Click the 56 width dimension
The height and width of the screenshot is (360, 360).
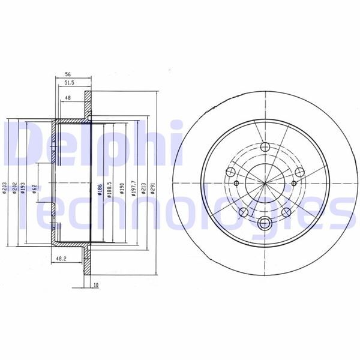click(69, 75)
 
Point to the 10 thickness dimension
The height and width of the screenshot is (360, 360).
click(95, 285)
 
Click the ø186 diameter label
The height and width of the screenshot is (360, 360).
click(97, 191)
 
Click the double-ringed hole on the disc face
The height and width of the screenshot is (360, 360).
click(264, 224)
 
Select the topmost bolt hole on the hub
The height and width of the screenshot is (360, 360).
click(264, 148)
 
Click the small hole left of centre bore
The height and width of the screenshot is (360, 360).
click(236, 183)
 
